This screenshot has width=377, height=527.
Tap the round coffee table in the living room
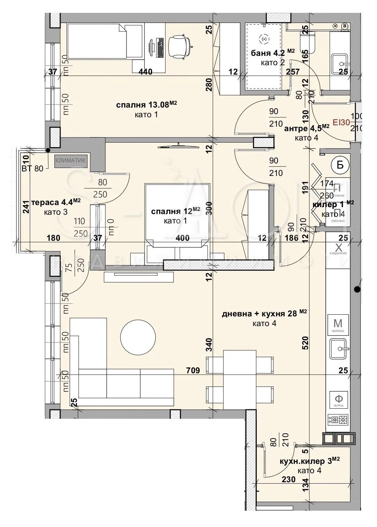coord(138,336)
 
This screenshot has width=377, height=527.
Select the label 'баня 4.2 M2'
coord(272,53)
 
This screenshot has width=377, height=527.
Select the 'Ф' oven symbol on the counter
coord(338,400)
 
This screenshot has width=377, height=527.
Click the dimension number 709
coord(193,371)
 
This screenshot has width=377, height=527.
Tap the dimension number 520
coord(305,342)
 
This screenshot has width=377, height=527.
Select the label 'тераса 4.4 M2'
coord(56,202)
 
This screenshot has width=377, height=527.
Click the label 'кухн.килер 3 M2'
coord(309,461)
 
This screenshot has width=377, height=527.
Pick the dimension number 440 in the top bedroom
coord(146,72)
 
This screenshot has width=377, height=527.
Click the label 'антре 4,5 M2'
coord(306,128)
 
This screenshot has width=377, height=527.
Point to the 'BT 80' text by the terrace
coord(33,169)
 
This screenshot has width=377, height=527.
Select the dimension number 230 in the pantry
coord(288,479)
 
